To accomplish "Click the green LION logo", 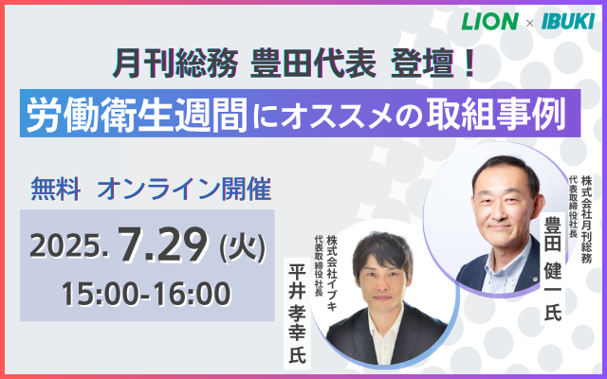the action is pyautogui.click(x=489, y=21).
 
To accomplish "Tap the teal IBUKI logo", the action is pyautogui.click(x=568, y=21).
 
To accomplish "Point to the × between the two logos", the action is pyautogui.click(x=529, y=23).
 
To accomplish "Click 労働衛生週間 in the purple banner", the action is pyautogui.click(x=137, y=114).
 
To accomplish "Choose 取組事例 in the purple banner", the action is pyautogui.click(x=496, y=114).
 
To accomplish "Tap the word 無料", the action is pyautogui.click(x=56, y=189).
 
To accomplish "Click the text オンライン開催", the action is pyautogui.click(x=184, y=189).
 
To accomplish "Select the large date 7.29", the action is pyautogui.click(x=163, y=244).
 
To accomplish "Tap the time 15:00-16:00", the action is pyautogui.click(x=146, y=294).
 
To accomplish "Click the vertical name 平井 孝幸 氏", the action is pyautogui.click(x=297, y=314).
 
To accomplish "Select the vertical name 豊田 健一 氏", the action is pyautogui.click(x=553, y=268).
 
